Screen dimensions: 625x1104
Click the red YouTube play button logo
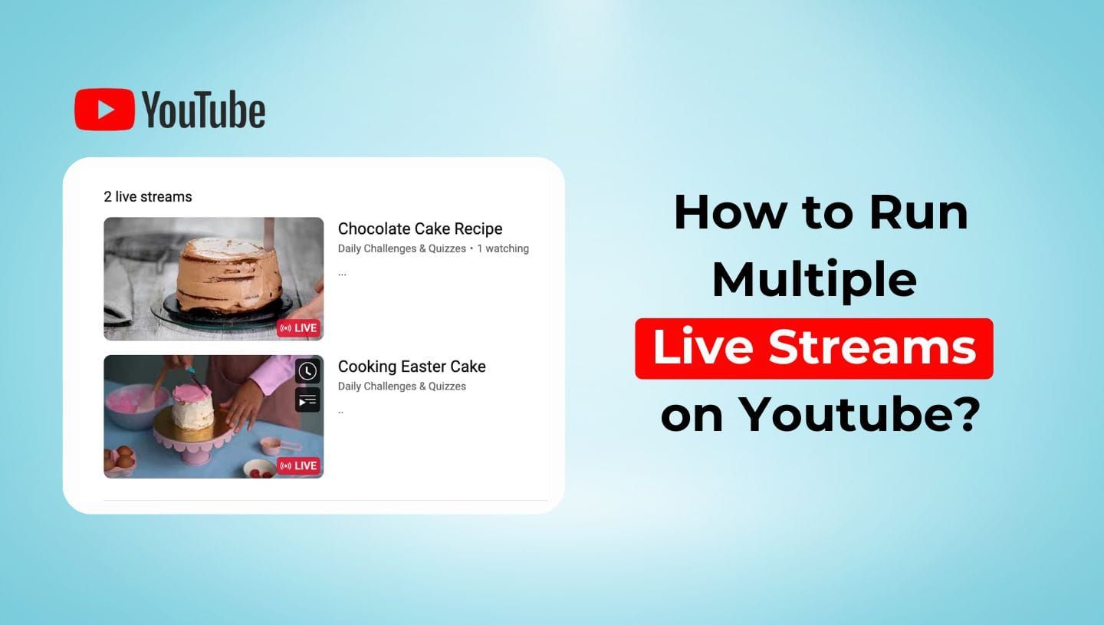(105, 110)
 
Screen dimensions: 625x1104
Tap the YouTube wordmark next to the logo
(204, 110)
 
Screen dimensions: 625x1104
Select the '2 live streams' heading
(148, 197)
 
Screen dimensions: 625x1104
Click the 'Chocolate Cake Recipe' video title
(420, 229)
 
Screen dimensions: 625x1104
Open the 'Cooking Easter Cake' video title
(412, 367)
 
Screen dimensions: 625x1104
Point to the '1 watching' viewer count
(503, 248)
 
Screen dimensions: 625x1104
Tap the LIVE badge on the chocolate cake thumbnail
(298, 328)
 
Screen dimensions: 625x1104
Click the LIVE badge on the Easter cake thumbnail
(298, 465)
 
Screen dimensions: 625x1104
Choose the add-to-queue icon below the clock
(307, 400)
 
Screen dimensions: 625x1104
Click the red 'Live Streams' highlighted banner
(813, 348)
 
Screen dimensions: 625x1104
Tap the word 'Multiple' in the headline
(813, 279)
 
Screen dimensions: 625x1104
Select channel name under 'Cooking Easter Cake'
(402, 387)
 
